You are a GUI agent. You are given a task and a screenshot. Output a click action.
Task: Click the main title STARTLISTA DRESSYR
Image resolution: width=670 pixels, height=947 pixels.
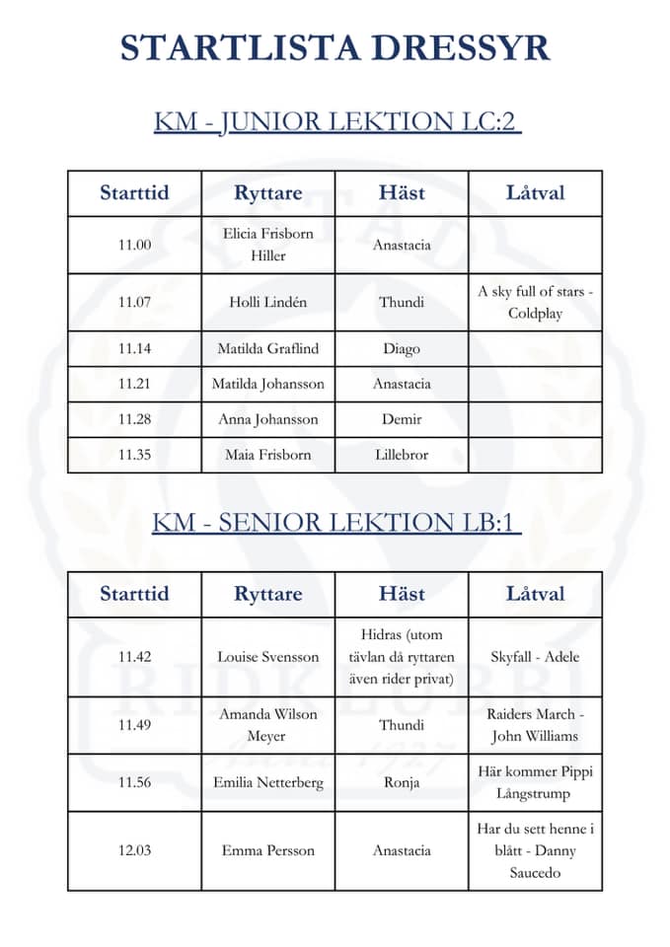335,48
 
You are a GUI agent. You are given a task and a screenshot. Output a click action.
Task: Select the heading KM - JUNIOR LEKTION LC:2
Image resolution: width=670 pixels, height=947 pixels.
336,121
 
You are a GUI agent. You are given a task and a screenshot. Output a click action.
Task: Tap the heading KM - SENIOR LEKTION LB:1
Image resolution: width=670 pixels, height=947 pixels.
335,522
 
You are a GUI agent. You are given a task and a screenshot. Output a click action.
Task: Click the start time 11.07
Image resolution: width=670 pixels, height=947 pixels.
134,303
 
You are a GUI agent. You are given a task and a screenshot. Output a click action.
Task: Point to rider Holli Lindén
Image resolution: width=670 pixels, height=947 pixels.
267,303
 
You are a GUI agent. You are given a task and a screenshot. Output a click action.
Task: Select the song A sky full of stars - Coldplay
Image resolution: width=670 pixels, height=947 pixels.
535,303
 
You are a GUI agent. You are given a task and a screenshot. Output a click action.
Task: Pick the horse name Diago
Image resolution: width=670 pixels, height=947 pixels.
402,348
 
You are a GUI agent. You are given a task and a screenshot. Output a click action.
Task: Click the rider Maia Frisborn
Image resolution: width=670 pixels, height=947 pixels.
267,455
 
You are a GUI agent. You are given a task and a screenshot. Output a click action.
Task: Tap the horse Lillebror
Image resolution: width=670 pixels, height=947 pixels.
402,455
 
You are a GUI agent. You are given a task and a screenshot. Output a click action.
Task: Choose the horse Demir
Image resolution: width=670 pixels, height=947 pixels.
402,419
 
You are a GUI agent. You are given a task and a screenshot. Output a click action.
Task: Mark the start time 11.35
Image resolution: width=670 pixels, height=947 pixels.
134,455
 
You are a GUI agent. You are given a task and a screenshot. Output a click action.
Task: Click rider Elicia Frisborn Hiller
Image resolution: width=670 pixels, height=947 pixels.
267,245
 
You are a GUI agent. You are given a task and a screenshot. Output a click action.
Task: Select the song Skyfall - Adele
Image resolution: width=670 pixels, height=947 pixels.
535,657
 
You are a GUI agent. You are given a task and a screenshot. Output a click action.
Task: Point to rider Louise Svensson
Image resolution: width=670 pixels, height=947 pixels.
267,657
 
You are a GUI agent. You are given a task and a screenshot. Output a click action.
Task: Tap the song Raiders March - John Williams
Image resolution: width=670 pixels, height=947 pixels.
535,725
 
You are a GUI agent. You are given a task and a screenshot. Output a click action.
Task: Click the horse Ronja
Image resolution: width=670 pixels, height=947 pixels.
402,783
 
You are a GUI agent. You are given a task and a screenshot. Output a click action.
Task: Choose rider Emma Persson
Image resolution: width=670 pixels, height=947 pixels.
267,850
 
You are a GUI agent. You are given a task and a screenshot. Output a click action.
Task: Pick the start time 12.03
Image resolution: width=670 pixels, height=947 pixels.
134,850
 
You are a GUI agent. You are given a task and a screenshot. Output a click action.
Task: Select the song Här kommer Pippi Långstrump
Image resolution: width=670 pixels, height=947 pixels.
535,783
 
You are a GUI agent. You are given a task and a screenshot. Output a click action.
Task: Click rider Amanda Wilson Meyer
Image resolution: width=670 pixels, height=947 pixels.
267,725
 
